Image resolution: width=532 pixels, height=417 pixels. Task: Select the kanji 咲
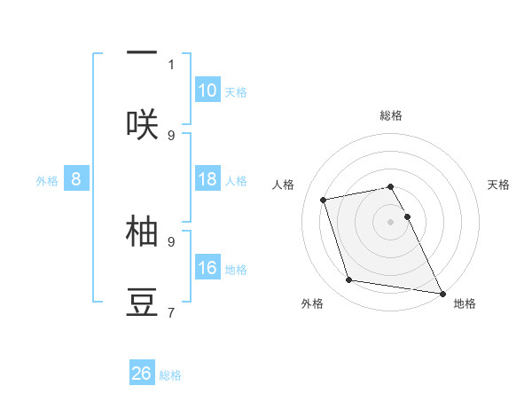pyautogui.click(x=142, y=123)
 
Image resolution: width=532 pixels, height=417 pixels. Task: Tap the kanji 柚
pyautogui.click(x=142, y=230)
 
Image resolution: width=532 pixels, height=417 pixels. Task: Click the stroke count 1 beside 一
pyautogui.click(x=171, y=64)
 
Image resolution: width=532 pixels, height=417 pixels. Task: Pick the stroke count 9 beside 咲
pyautogui.click(x=171, y=135)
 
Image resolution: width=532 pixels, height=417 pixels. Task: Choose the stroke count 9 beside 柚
pyautogui.click(x=171, y=240)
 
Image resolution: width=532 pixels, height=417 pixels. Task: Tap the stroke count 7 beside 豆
pyautogui.click(x=171, y=312)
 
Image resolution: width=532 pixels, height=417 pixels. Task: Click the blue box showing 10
pyautogui.click(x=207, y=90)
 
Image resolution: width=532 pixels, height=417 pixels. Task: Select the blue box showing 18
pyautogui.click(x=207, y=179)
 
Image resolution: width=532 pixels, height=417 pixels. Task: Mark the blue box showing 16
pyautogui.click(x=207, y=268)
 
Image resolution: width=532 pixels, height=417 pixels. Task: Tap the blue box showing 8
pyautogui.click(x=76, y=179)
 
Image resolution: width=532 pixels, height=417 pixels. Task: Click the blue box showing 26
pyautogui.click(x=142, y=374)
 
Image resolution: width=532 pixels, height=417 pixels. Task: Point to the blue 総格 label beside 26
pyautogui.click(x=170, y=375)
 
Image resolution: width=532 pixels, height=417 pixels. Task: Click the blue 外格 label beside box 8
pyautogui.click(x=47, y=181)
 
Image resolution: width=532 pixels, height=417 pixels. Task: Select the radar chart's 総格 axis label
pyautogui.click(x=391, y=115)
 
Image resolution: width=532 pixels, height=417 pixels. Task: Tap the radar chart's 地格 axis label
pyautogui.click(x=465, y=303)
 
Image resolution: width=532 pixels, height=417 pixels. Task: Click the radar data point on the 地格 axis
pyautogui.click(x=441, y=292)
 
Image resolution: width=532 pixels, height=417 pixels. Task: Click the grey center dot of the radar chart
pyautogui.click(x=391, y=221)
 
